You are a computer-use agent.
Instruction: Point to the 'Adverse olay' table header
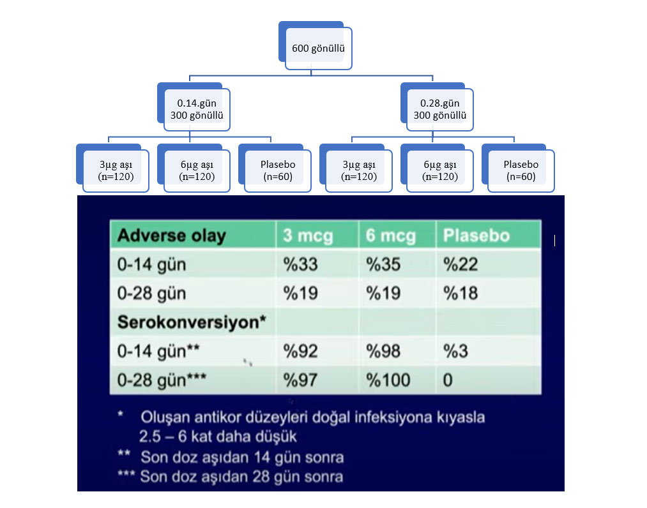coord(172,235)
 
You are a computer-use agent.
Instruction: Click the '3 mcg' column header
coord(308,235)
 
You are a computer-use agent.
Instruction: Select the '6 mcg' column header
coord(390,235)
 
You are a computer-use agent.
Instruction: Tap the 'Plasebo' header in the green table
coord(476,235)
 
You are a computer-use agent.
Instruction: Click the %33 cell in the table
coord(300,264)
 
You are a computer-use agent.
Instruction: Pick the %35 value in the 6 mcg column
coord(383,264)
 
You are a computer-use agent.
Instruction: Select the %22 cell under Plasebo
coord(461,264)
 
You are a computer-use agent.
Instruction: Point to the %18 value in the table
coord(461,293)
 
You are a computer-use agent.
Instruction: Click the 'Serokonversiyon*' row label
coord(192,322)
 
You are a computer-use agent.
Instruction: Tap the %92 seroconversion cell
coord(300,351)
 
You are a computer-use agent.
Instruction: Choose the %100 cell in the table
coord(388,380)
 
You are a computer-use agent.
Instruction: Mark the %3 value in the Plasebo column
coord(455,351)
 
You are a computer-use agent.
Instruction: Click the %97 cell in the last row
coord(300,380)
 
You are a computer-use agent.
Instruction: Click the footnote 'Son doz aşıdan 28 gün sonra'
coord(241,477)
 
